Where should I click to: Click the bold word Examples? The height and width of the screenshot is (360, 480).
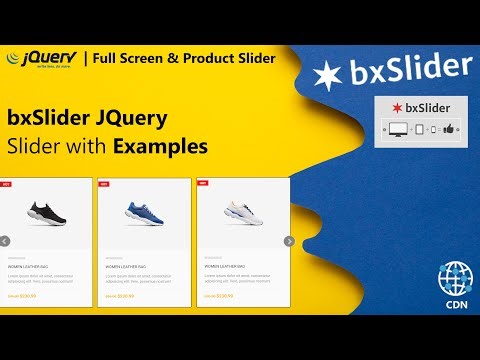coord(160,146)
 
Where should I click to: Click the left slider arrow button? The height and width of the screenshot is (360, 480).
coord(5,240)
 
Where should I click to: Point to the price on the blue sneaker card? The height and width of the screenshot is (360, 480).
coord(125,296)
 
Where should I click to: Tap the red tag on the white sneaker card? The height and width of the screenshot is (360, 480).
coord(203,183)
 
